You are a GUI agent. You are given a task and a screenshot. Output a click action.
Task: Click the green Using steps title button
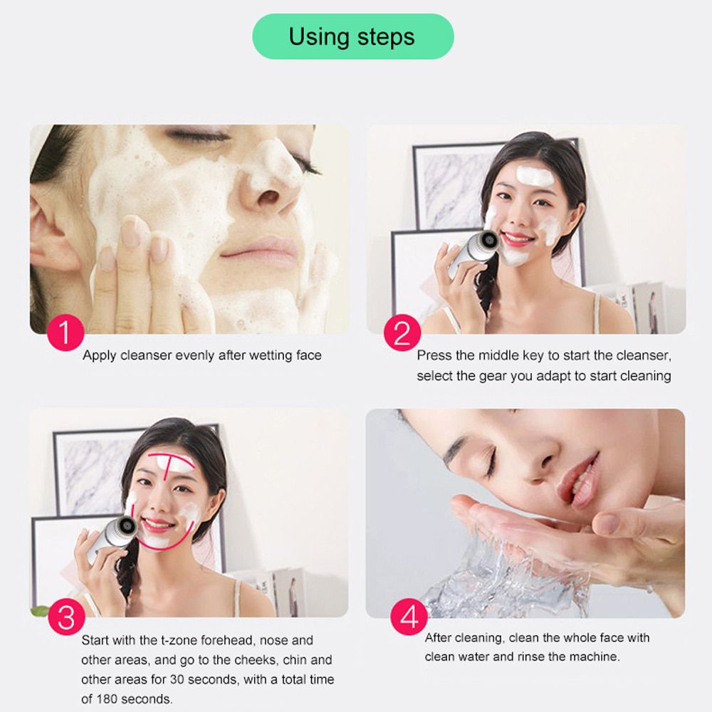(353, 36)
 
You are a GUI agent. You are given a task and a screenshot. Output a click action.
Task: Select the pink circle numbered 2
(402, 333)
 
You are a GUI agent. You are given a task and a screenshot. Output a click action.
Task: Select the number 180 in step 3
(106, 699)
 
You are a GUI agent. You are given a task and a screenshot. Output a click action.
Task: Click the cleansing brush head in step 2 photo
(488, 239)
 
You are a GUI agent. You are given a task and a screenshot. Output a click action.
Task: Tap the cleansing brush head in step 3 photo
(127, 526)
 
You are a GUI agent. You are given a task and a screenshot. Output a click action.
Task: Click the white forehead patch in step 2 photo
(535, 175)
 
